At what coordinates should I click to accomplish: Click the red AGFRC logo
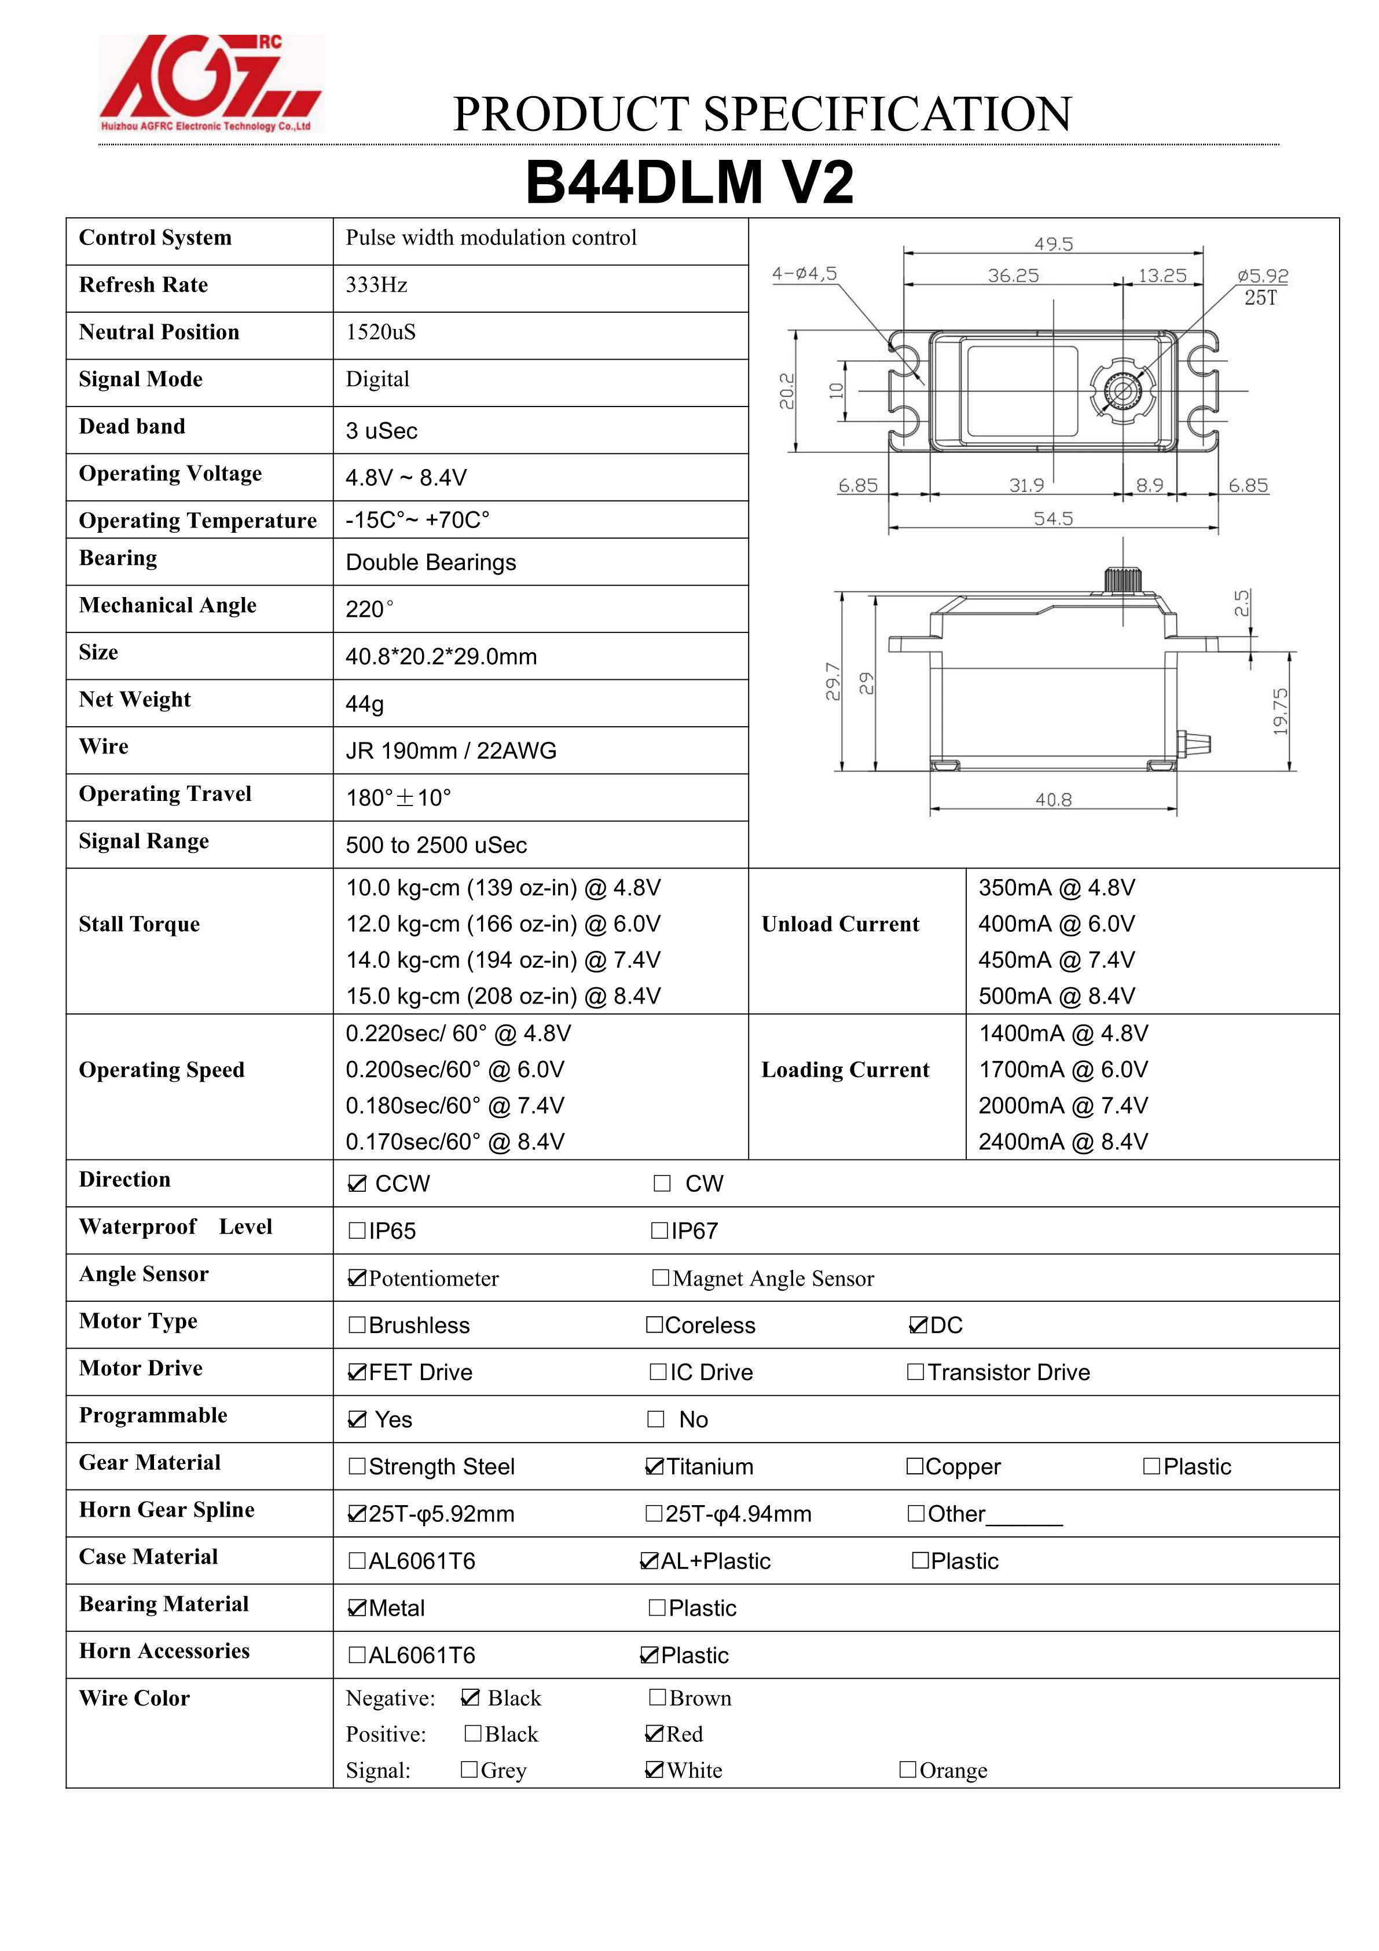click(x=210, y=83)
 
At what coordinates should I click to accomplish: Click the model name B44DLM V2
click(x=689, y=182)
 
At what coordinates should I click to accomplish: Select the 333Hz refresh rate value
click(x=376, y=285)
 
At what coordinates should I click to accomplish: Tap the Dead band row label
click(x=131, y=427)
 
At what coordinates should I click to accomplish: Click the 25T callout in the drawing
click(x=1260, y=298)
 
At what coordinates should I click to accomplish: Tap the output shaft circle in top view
click(x=1123, y=391)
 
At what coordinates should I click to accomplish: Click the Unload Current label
click(x=839, y=924)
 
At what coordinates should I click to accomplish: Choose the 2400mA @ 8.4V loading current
click(x=1063, y=1141)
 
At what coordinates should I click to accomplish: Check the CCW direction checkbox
click(x=357, y=1184)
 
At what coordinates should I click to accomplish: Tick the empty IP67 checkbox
click(x=659, y=1231)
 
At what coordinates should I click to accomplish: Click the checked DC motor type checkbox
click(x=918, y=1325)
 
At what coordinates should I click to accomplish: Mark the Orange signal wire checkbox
click(x=907, y=1769)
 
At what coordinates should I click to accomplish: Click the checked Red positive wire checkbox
click(x=654, y=1733)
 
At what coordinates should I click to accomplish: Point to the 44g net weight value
click(x=365, y=704)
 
